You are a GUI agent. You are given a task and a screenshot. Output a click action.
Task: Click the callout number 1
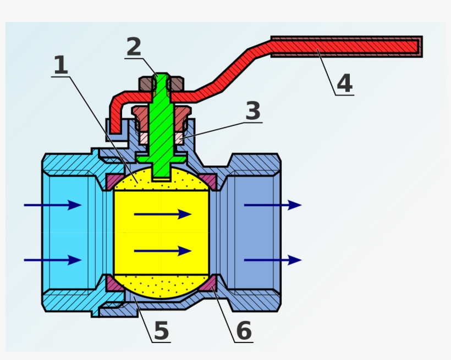(x=61, y=66)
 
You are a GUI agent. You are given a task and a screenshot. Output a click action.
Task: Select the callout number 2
(x=134, y=48)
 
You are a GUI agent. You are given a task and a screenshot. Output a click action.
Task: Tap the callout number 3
(x=252, y=112)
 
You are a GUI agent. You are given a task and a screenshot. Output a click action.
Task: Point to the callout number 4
(x=344, y=84)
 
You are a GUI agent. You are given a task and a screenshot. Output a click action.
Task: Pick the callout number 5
(x=161, y=331)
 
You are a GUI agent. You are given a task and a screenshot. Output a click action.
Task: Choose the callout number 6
(x=244, y=331)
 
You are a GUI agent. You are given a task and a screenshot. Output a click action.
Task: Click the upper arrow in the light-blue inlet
(x=53, y=205)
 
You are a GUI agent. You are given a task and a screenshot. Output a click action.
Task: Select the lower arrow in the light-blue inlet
(x=53, y=260)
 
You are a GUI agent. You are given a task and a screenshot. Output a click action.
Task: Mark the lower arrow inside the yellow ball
(x=163, y=251)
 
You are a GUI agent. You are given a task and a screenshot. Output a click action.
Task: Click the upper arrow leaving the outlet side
(x=273, y=205)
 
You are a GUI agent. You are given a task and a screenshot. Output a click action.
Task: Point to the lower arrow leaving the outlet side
(x=273, y=260)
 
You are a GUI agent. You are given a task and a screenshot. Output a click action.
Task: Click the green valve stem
(x=162, y=132)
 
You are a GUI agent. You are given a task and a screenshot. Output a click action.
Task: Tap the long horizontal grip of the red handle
(x=346, y=47)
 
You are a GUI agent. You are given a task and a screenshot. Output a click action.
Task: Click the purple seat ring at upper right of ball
(x=207, y=180)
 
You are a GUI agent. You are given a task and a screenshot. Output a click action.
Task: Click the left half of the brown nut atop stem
(x=146, y=84)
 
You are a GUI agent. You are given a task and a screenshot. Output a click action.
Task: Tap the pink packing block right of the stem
(x=179, y=138)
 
